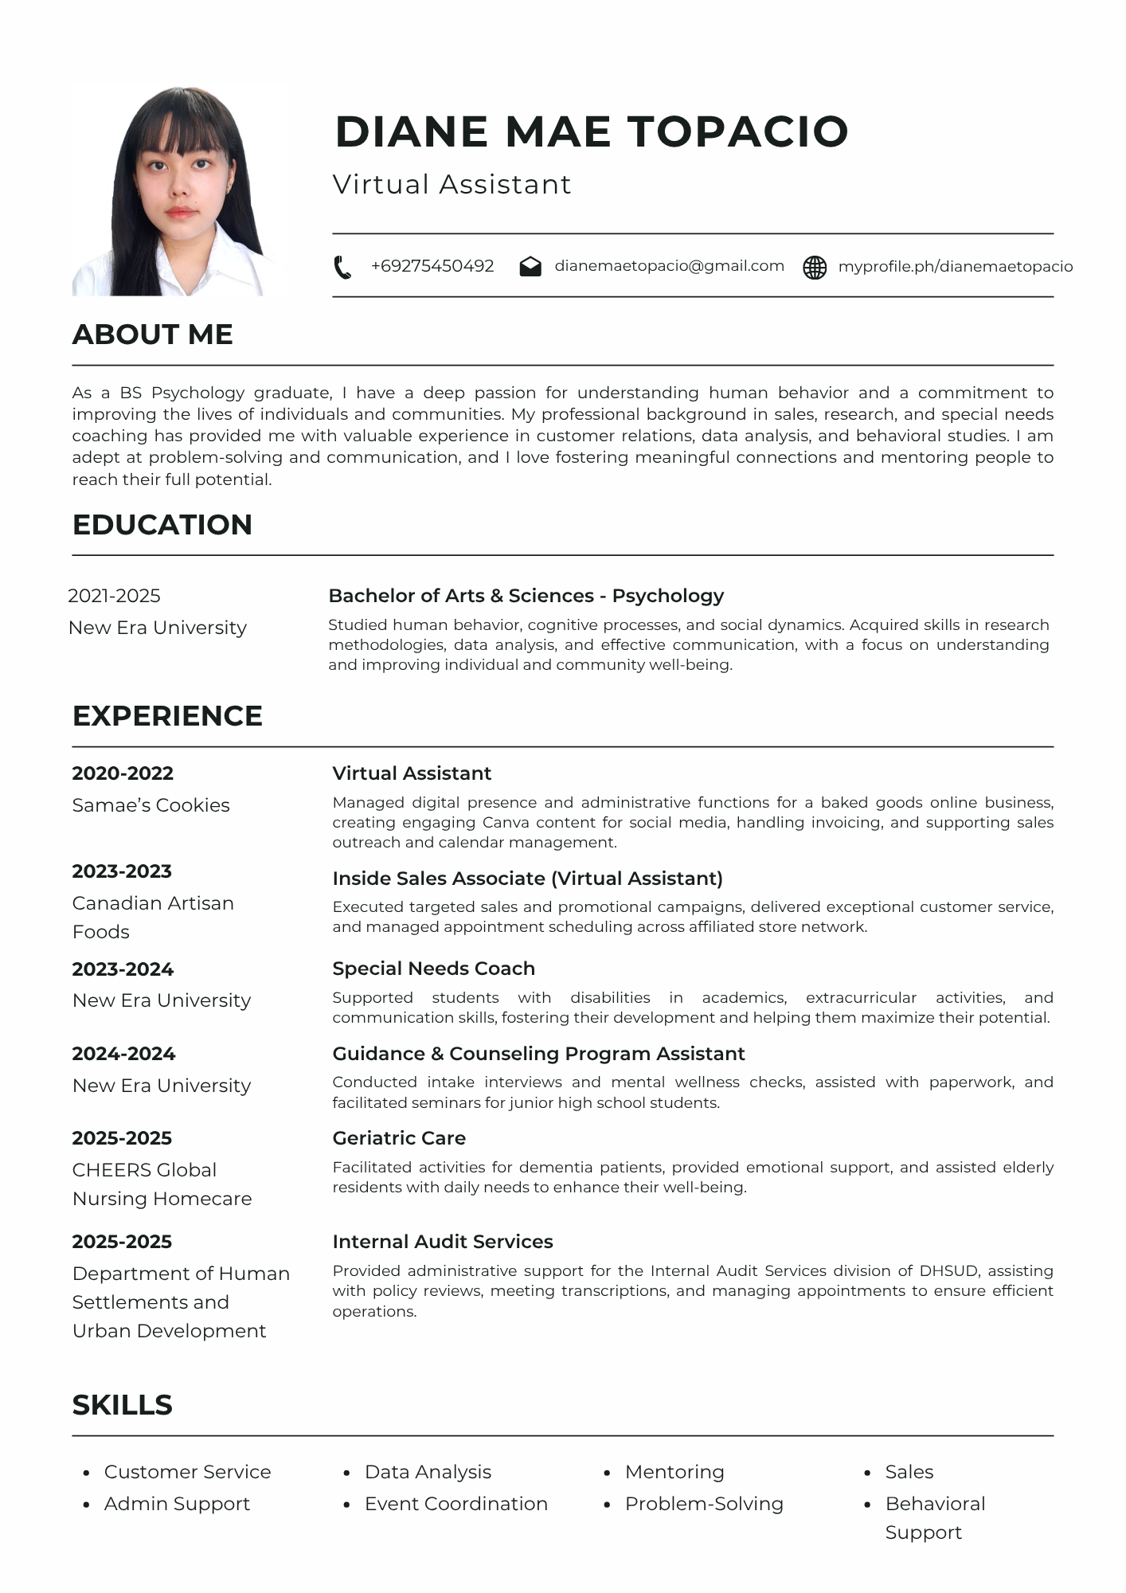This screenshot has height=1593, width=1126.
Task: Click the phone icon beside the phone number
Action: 342,268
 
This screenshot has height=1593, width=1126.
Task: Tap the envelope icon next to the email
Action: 530,267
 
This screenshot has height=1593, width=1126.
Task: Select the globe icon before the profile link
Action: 815,268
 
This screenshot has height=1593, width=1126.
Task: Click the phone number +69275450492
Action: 432,266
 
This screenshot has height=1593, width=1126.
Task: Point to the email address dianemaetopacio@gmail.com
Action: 669,266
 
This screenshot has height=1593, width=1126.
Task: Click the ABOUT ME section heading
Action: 153,335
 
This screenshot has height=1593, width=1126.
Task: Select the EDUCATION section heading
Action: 162,525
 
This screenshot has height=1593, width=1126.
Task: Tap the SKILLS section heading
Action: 123,1405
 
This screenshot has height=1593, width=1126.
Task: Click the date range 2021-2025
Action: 114,596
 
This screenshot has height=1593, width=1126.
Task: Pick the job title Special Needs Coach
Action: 433,969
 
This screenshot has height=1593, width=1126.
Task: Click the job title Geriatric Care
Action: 399,1138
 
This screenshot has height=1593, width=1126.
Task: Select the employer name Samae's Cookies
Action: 151,805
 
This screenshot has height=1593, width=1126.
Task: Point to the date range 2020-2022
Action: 123,773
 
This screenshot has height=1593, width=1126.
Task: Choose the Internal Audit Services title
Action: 443,1242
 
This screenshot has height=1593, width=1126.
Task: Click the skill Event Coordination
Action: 456,1504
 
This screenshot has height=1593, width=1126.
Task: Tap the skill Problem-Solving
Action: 704,1504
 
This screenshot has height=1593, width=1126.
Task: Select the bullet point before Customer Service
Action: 87,1474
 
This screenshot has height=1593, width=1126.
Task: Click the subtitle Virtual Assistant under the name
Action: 452,185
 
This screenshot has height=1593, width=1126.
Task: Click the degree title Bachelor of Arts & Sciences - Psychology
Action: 526,596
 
